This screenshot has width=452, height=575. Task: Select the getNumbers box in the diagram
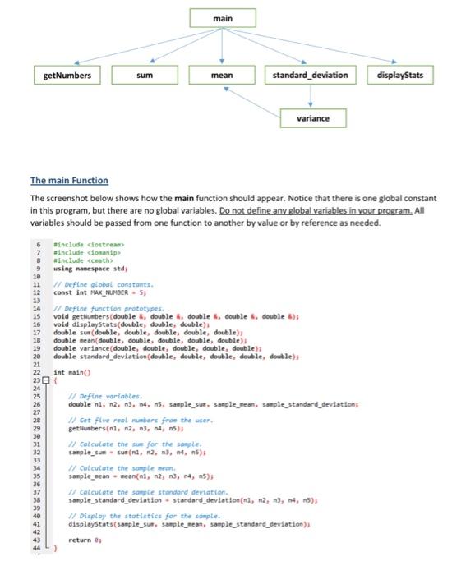[x=67, y=76]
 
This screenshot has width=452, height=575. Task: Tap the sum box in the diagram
[x=145, y=76]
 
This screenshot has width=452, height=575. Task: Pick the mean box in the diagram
[x=221, y=76]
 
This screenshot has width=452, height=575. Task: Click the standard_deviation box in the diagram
[x=310, y=76]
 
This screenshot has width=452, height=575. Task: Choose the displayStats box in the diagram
[x=399, y=76]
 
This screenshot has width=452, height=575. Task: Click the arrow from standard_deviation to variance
[x=311, y=97]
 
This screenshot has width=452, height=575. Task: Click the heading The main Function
[x=69, y=181]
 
